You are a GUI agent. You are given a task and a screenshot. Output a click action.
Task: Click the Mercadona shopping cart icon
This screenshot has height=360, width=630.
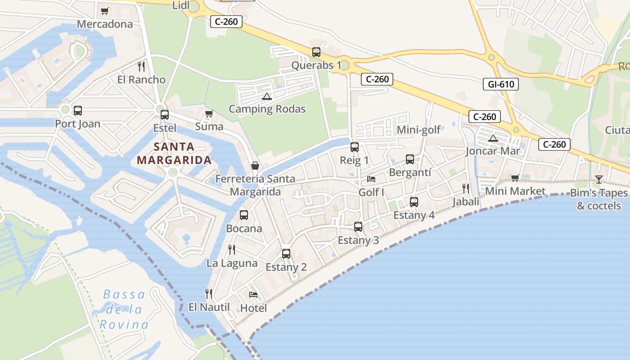coord(105,11)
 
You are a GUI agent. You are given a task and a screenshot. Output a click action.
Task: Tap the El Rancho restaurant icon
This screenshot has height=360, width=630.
coord(141,67)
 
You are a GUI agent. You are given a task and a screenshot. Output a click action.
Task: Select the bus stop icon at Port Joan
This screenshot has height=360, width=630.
coord(78,111)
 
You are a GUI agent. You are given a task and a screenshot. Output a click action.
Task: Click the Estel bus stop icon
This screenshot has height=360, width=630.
coord(165,115)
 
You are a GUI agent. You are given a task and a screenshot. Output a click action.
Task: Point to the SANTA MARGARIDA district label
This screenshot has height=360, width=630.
coord(174,153)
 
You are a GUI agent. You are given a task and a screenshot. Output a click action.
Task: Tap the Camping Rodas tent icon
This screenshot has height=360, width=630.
coord(267,96)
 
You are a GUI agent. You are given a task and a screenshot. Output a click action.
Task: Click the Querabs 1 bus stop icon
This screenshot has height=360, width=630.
coord(316,52)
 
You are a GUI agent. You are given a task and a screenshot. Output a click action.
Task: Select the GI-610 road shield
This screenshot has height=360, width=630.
coord(501,84)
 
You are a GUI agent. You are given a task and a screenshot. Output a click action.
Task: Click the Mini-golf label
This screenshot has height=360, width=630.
coord(418,130)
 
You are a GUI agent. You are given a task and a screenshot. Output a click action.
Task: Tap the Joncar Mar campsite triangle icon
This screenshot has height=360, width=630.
coord(493,138)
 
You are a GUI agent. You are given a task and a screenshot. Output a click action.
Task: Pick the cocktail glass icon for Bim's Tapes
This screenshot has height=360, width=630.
coord(598,180)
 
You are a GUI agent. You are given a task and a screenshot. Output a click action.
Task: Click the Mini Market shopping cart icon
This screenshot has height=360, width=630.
coord(515,178)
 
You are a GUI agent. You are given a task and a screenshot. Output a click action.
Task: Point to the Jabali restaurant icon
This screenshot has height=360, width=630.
coord(466,189)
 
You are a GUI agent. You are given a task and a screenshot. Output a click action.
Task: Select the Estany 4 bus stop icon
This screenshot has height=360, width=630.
coord(414,202)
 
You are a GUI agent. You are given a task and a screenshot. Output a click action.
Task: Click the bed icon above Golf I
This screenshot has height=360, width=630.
coord(371,179)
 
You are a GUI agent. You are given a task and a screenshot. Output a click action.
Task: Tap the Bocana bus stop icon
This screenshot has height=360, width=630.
coord(244,215)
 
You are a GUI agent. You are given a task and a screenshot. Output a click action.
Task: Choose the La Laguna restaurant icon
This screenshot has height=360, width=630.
coord(232,250)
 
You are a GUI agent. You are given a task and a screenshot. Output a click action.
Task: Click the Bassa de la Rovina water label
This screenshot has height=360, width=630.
coord(124,310)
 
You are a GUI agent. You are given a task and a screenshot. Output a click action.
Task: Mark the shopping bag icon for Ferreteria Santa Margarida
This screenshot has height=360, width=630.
coord(255,166)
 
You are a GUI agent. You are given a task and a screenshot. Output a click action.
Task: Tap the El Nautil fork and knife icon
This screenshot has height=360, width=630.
coord(209,294)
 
